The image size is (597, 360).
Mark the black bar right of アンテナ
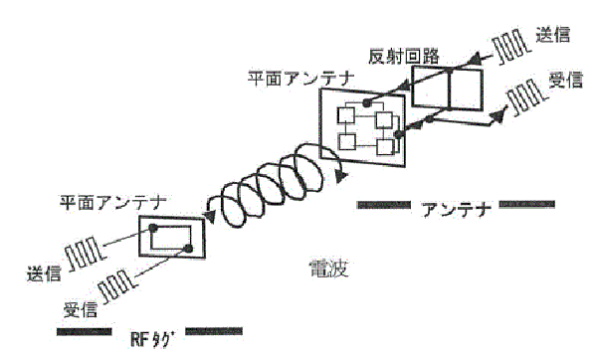tap(527, 206)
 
